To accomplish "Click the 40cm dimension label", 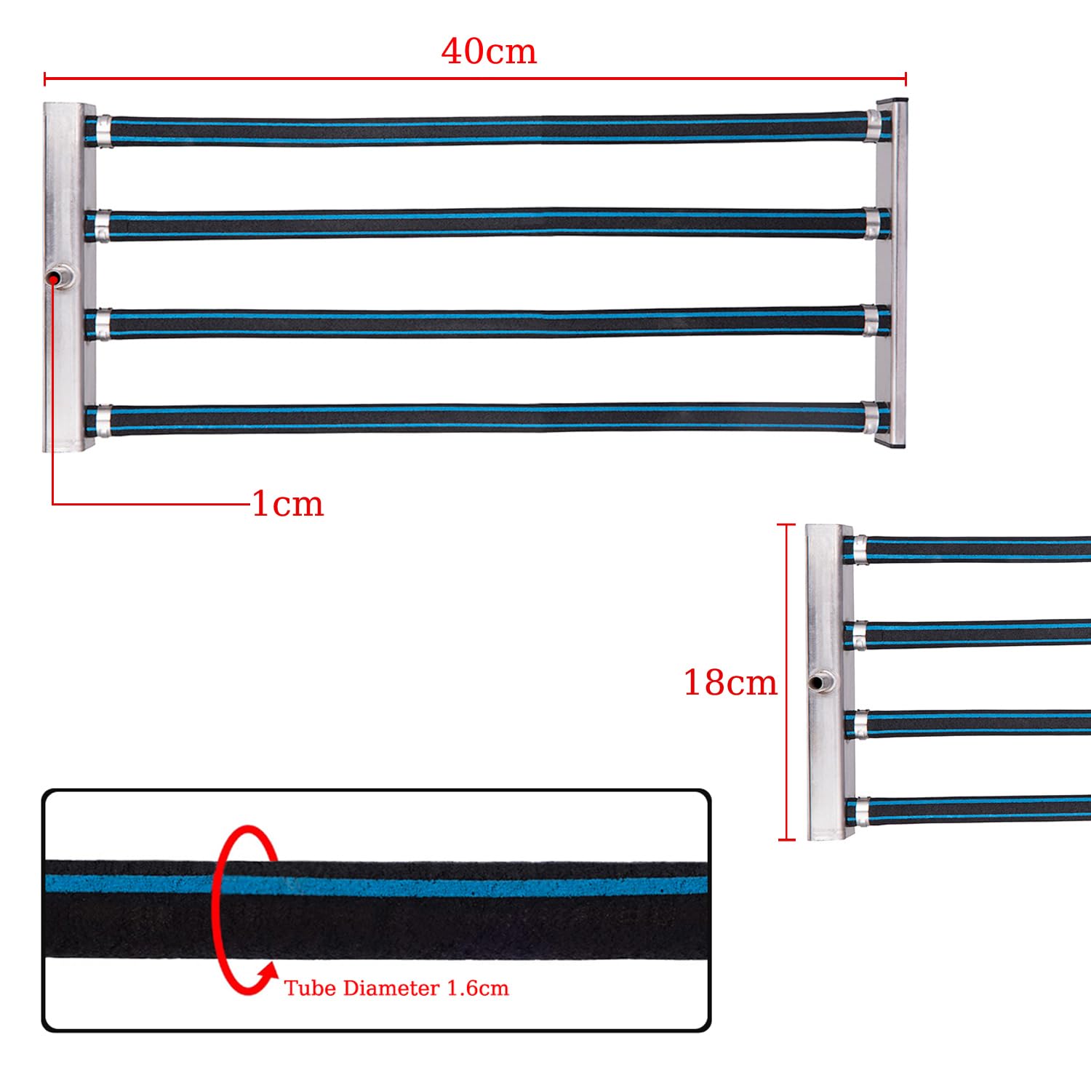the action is pos(489,51).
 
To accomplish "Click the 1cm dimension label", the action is pos(287,504).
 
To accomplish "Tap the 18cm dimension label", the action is pos(730,683).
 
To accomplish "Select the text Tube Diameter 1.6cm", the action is pos(396,988).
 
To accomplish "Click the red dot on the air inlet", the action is pos(54,279).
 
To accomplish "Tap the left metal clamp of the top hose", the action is pos(103,132).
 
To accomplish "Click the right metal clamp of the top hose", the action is pos(872,125).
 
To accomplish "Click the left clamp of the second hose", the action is pos(103,225).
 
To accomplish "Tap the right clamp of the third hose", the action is pos(871,320).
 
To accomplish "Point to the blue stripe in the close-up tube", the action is pos(377,884).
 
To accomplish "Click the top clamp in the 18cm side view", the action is pos(860,550).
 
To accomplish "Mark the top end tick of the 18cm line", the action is pos(786,524).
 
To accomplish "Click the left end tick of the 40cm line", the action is pos(45,79).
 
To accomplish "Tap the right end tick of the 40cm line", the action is pos(906,79).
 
